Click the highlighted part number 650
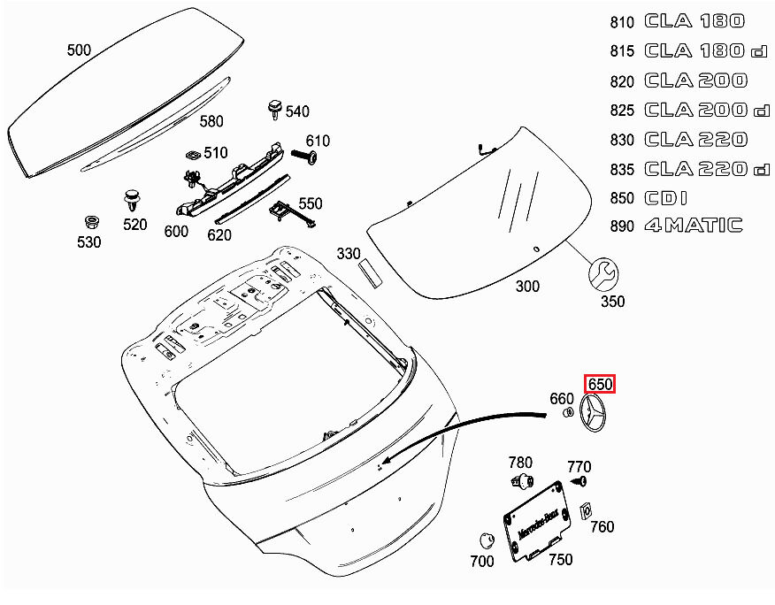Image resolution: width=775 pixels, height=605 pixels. (600, 384)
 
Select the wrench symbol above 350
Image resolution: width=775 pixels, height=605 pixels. (606, 272)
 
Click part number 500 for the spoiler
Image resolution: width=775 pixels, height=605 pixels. (79, 50)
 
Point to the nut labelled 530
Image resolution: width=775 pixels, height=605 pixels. (89, 221)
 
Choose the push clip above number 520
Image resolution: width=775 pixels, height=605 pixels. (133, 199)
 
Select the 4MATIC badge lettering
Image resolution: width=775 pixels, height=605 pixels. (693, 226)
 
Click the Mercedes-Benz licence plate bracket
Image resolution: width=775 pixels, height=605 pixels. (536, 520)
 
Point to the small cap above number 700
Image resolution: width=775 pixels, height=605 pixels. (484, 540)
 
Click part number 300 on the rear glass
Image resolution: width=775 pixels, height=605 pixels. (527, 287)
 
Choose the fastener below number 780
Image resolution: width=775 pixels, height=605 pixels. (522, 481)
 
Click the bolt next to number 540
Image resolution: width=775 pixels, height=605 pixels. (274, 111)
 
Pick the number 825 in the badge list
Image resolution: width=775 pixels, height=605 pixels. (623, 111)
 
